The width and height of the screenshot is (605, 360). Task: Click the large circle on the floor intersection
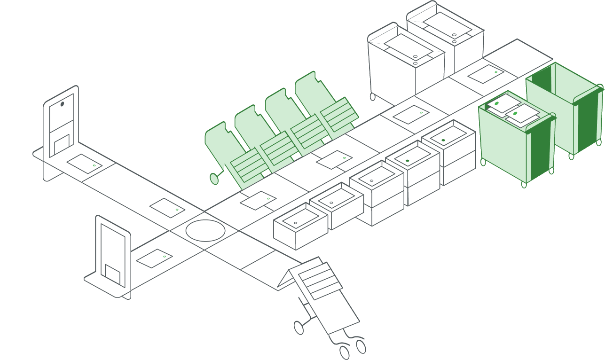(x=205, y=230)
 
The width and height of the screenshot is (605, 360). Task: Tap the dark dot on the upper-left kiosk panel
(x=62, y=104)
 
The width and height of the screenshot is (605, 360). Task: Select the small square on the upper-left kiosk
(x=62, y=144)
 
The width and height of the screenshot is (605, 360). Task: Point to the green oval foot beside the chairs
(x=214, y=179)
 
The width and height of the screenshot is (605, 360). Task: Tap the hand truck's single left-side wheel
(x=299, y=328)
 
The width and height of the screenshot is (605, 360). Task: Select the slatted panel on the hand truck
(x=320, y=281)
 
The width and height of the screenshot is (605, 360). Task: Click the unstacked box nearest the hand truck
(x=300, y=226)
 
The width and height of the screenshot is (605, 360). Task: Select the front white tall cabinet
(x=404, y=66)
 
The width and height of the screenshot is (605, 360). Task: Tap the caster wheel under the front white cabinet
(x=373, y=96)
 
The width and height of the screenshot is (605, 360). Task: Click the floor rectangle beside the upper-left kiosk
(x=84, y=164)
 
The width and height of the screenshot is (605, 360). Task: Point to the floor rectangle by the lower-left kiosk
(x=154, y=258)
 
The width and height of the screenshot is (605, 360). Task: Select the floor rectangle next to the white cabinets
(x=486, y=74)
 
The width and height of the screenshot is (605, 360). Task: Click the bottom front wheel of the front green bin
(x=524, y=184)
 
